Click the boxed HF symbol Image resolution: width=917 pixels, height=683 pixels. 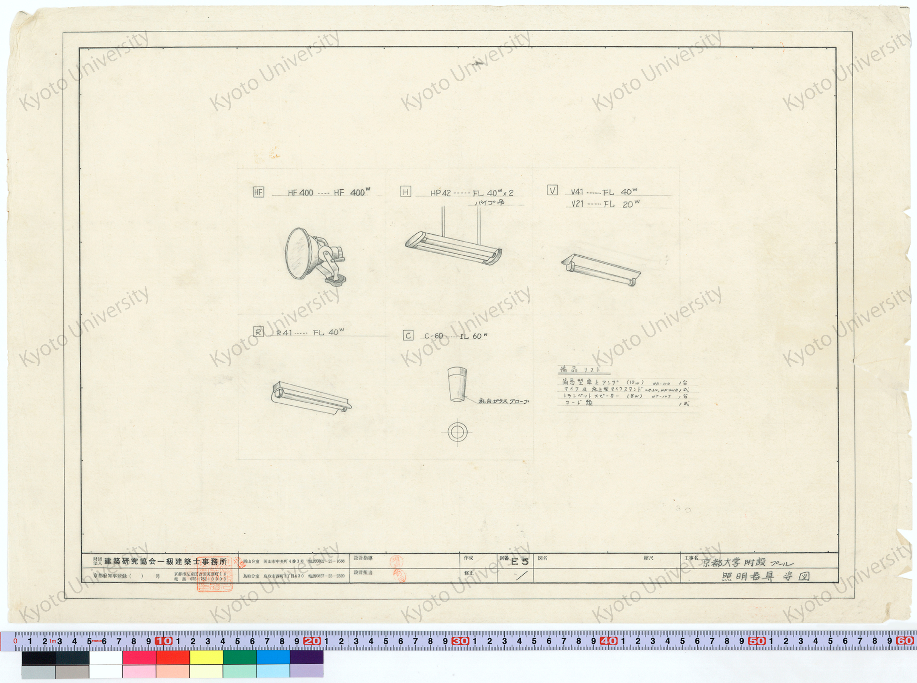(258, 192)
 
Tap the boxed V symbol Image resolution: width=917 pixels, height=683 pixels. (552, 190)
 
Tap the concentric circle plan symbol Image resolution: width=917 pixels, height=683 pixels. (457, 432)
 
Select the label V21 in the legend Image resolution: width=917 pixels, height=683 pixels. (577, 204)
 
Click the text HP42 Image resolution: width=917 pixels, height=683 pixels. (440, 193)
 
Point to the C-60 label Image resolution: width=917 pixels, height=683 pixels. (434, 336)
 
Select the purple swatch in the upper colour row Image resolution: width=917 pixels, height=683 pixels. (306, 657)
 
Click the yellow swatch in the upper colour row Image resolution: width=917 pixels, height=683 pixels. (206, 657)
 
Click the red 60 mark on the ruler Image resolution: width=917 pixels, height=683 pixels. (905, 641)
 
